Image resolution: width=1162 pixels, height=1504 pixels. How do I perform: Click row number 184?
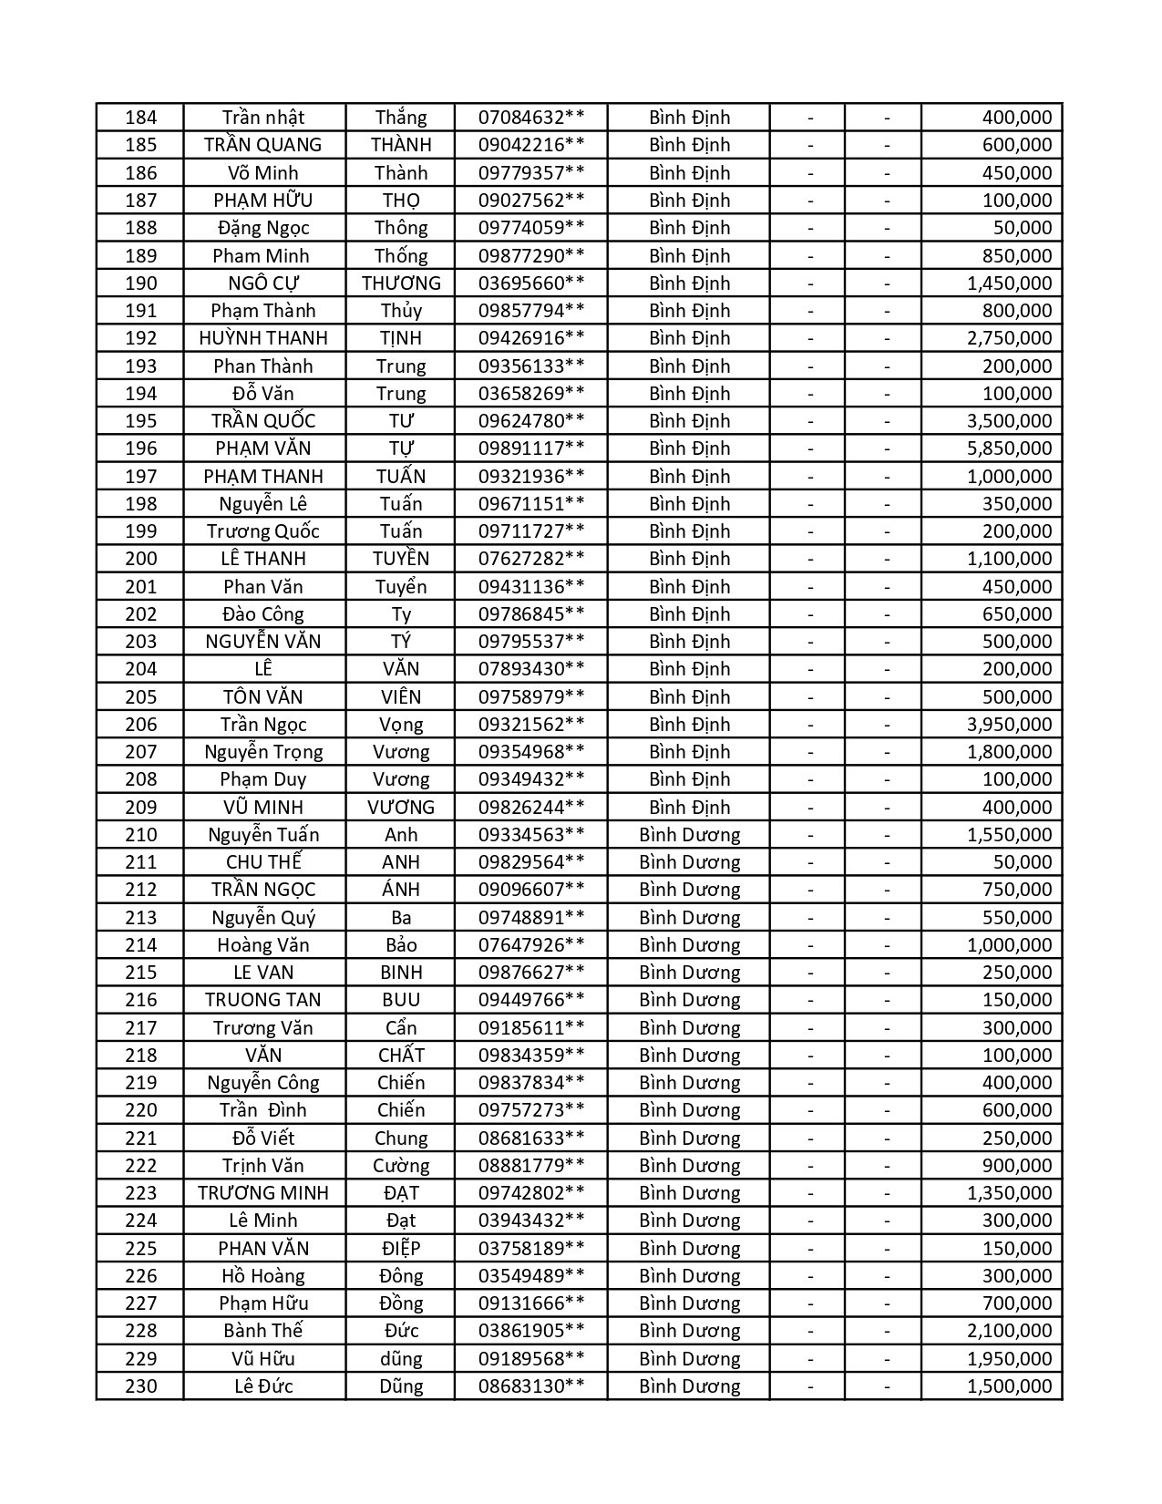tap(140, 118)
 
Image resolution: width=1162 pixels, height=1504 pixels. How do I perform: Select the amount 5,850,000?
tap(1009, 448)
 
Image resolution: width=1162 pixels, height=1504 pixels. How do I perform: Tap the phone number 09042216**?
tap(531, 145)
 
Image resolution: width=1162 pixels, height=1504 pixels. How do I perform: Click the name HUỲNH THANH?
tap(263, 338)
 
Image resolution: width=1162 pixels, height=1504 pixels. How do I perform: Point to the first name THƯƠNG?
tap(401, 283)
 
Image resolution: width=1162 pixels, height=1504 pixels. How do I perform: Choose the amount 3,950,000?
tap(1009, 725)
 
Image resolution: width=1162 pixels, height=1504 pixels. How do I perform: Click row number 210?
tap(140, 835)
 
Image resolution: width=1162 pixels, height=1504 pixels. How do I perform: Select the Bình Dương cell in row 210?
tap(689, 835)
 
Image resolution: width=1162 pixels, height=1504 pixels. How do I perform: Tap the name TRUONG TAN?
tap(263, 1000)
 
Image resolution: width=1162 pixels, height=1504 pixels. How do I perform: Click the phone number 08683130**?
tap(531, 1386)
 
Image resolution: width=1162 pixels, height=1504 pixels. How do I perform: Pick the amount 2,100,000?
tap(1009, 1331)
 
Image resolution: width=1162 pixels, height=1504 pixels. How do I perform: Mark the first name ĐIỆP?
tap(401, 1249)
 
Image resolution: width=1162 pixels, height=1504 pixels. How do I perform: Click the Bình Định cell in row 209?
tap(689, 808)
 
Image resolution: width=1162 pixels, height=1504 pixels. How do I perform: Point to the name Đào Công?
tap(263, 614)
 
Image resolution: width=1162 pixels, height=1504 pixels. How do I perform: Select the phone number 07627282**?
tap(531, 559)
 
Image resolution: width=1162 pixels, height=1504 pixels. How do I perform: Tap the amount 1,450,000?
tap(1009, 283)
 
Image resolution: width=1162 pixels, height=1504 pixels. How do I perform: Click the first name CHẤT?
tap(401, 1056)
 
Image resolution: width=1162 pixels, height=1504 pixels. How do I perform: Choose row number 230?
tap(140, 1386)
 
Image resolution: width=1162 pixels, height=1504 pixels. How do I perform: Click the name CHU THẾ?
tap(263, 862)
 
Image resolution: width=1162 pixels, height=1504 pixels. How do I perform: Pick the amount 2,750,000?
tap(1009, 338)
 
